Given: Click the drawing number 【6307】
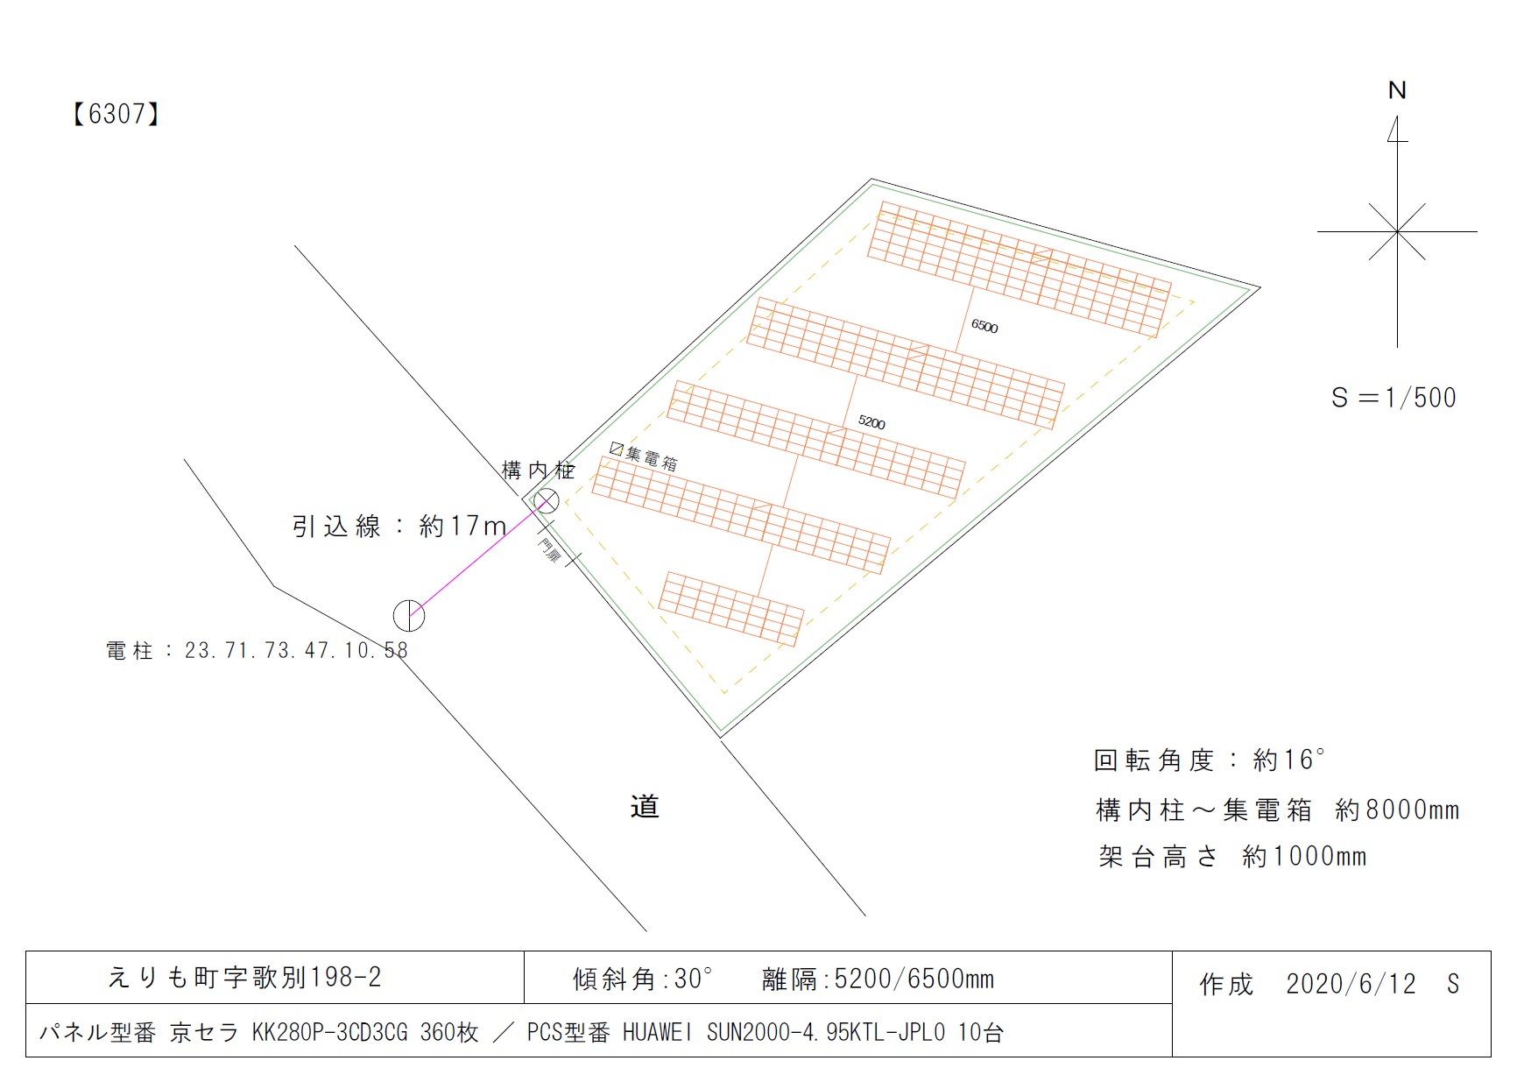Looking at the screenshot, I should pyautogui.click(x=115, y=114).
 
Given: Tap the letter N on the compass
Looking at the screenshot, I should pyautogui.click(x=1397, y=90).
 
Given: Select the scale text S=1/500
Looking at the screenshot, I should pyautogui.click(x=1394, y=398).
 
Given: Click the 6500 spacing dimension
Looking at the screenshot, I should pyautogui.click(x=984, y=326).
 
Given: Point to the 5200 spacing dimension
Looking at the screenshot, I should pyautogui.click(x=871, y=422).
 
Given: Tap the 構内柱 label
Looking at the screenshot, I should pyautogui.click(x=538, y=470).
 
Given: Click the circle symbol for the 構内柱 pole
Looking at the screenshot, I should pyautogui.click(x=546, y=501).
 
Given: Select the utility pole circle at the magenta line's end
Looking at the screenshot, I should pyautogui.click(x=409, y=616).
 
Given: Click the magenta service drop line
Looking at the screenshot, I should pyautogui.click(x=473, y=561).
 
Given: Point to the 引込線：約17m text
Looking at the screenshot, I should pyautogui.click(x=399, y=526).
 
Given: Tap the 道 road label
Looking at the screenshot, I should pyautogui.click(x=645, y=806).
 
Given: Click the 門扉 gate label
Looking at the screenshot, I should pyautogui.click(x=549, y=550).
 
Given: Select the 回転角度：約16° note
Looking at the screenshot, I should pyautogui.click(x=1209, y=760).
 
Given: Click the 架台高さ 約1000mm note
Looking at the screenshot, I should pyautogui.click(x=1232, y=856).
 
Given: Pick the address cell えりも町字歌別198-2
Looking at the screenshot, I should pyautogui.click(x=244, y=977).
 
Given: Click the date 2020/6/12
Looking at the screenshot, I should pyautogui.click(x=1351, y=984).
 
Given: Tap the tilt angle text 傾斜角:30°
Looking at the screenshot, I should pyautogui.click(x=643, y=979).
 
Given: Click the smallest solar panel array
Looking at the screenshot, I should pyautogui.click(x=730, y=609).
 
